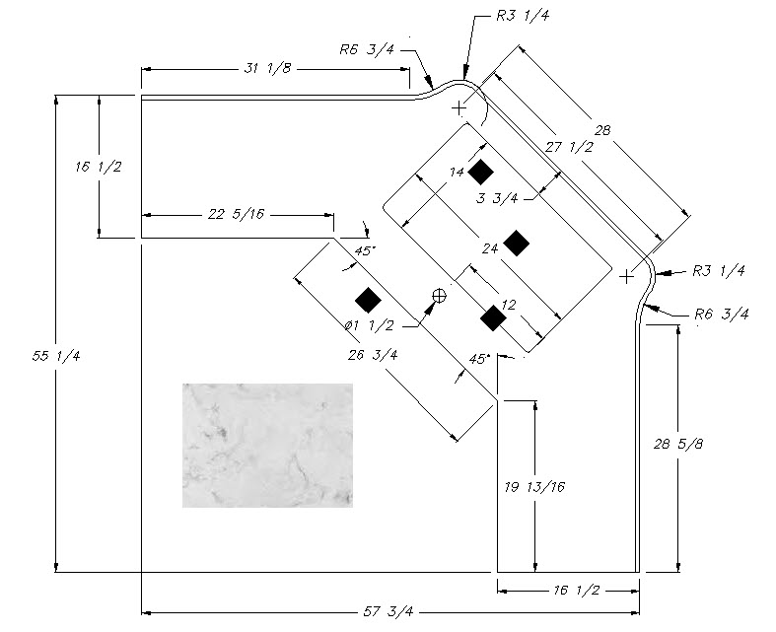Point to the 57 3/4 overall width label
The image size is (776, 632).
point(388,612)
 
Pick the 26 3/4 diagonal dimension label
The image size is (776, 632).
point(373,356)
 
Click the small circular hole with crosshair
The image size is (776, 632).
point(440,295)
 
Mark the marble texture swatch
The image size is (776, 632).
point(266,445)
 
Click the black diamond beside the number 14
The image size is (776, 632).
point(480,173)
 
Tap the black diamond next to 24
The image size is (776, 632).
point(516,243)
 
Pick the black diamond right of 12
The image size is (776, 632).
point(493,317)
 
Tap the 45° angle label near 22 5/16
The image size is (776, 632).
point(363,250)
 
